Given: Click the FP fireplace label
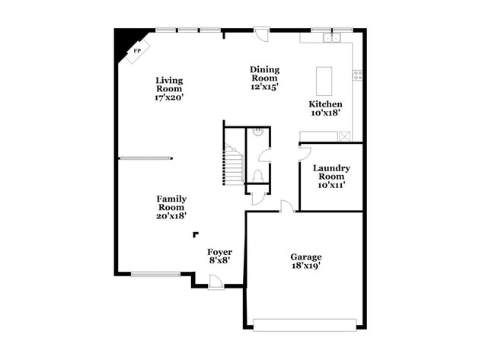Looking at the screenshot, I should point(137,51).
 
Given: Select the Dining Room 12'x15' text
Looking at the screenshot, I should point(263,78).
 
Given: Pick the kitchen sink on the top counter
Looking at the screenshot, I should point(331,37).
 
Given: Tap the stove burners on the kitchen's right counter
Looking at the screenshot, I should point(356,75).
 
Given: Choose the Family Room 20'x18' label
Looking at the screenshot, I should point(172,206).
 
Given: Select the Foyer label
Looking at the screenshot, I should point(219,256).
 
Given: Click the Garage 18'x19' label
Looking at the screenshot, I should point(305,261).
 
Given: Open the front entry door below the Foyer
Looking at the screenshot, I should point(216,282).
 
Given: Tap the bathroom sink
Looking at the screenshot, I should point(259,132).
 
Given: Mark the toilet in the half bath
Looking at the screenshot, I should point(258,174).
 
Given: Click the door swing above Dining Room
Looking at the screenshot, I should point(261,34).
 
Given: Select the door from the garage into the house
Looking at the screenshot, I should point(286,206).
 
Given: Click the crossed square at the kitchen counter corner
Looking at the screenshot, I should point(345,137).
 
